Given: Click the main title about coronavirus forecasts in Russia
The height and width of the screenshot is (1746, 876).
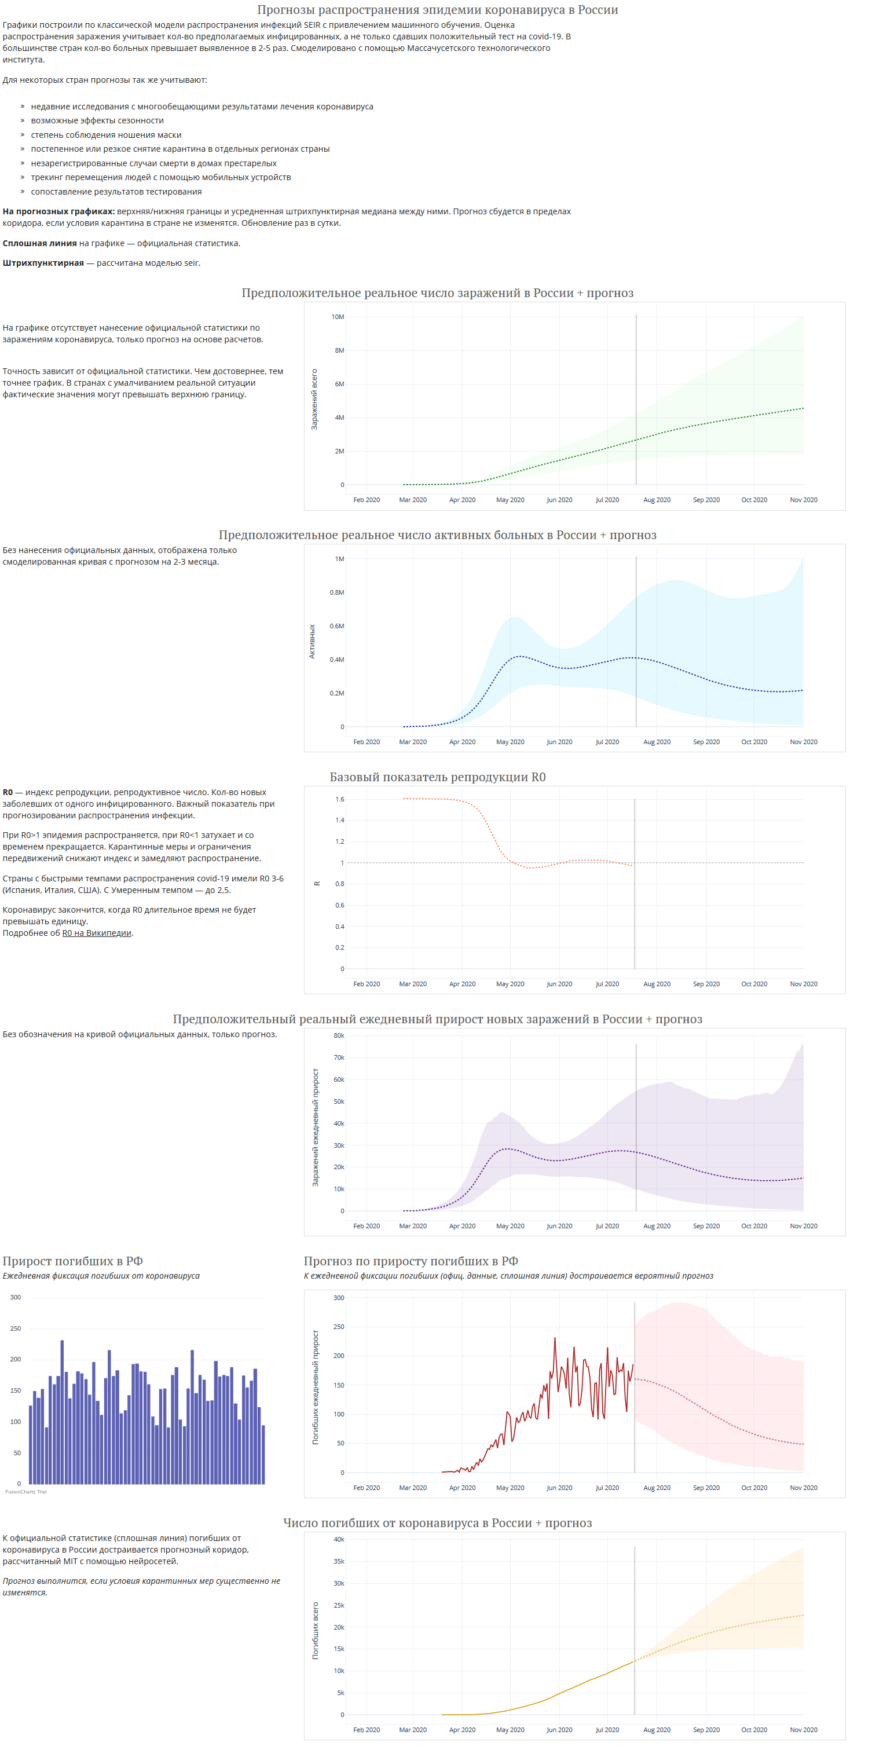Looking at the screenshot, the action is click(437, 9).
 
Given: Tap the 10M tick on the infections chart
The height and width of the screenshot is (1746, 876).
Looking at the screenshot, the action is click(338, 317).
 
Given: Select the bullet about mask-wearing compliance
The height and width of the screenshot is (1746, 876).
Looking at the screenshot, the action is click(106, 135).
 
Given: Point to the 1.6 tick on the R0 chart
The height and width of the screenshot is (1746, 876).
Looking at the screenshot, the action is click(339, 799).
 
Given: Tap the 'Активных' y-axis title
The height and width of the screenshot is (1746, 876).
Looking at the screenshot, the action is click(311, 641).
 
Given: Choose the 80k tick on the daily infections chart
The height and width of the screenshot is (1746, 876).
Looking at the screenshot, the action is click(339, 1035).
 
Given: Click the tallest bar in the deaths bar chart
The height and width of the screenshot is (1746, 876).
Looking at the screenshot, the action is click(63, 1412).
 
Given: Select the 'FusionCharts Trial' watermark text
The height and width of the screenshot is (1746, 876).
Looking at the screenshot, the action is click(25, 1491).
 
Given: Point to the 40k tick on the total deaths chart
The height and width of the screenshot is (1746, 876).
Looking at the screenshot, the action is click(339, 1539).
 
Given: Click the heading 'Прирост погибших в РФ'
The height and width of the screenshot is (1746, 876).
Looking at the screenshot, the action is click(72, 1261).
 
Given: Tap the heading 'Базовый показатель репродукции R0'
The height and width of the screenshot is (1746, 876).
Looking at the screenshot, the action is click(438, 777).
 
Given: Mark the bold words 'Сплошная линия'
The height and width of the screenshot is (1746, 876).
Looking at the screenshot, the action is click(39, 243).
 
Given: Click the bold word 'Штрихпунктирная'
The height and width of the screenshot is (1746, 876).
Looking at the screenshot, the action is click(43, 263).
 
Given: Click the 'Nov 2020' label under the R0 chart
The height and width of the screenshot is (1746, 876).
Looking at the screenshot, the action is click(804, 983).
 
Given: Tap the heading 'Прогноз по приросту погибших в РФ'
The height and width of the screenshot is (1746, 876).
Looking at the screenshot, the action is click(410, 1261).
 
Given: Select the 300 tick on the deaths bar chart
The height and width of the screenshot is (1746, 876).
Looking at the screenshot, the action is click(16, 1297).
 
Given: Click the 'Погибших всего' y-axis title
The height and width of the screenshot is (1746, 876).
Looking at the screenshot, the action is click(315, 1630).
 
